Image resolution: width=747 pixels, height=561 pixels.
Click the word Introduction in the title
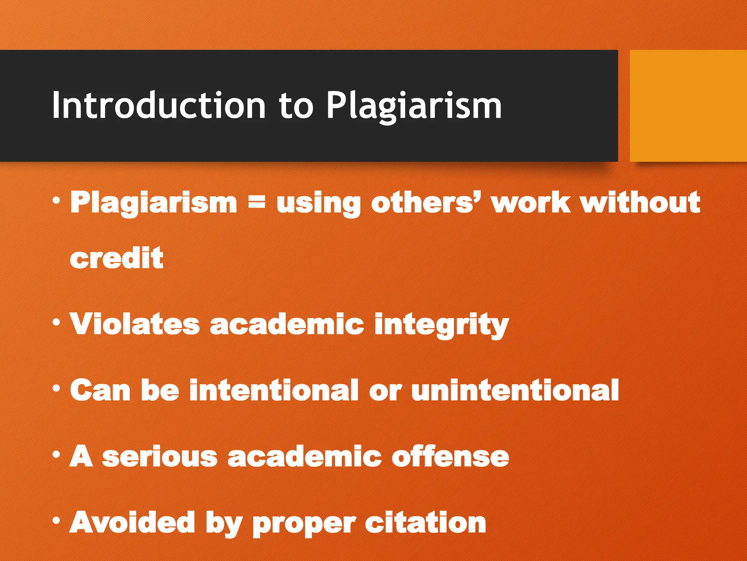[159, 106]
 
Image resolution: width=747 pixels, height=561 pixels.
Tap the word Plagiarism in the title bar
[414, 106]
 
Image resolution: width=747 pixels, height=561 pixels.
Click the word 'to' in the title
[296, 106]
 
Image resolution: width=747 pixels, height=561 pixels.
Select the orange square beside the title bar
[688, 106]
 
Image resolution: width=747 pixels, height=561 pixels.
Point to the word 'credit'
[117, 258]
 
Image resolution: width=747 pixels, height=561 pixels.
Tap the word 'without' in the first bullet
[640, 202]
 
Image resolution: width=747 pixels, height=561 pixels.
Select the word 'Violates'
[135, 324]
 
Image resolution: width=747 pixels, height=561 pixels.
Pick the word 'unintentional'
[515, 390]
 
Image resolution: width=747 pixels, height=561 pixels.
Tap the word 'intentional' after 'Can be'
[274, 390]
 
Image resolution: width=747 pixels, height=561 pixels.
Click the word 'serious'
[160, 457]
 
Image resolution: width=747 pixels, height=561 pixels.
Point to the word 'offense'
[450, 457]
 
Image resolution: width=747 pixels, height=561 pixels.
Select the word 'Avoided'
[132, 522]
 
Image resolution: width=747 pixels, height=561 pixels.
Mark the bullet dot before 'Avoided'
[56, 520]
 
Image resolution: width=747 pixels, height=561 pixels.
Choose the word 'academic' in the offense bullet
[304, 457]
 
